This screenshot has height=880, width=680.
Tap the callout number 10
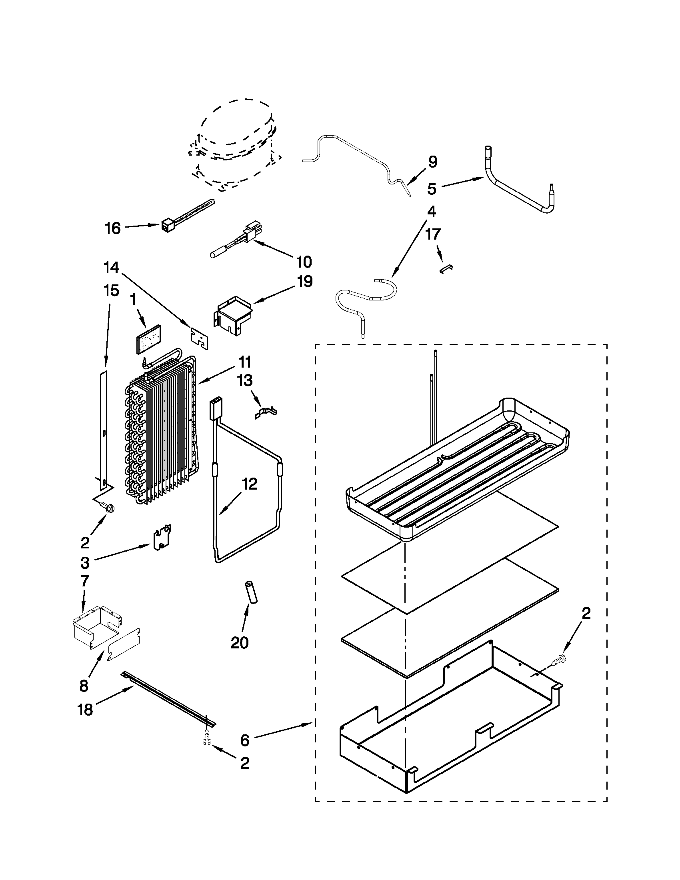pos(304,262)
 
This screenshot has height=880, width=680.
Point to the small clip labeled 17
pos(445,269)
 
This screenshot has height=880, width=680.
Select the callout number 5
pos(432,188)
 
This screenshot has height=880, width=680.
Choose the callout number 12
pos(249,484)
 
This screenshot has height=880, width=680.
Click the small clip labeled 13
pos(266,412)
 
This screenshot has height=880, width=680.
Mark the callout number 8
pos(84,686)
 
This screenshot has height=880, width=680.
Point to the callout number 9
pos(432,162)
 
